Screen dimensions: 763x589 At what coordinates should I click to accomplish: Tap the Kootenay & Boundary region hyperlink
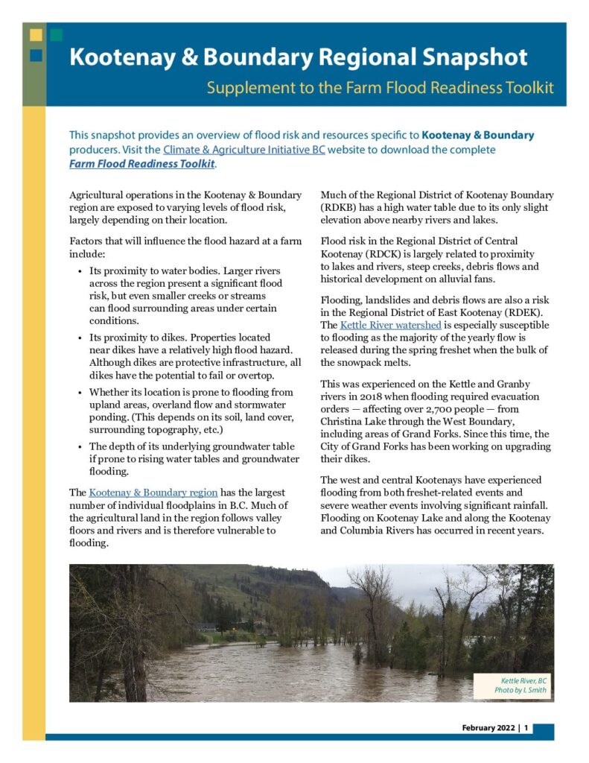tap(153, 493)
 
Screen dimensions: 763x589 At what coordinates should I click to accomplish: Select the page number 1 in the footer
tap(526, 728)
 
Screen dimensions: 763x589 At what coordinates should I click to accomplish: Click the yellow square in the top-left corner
tap(36, 34)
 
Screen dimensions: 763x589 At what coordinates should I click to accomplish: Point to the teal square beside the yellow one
tap(57, 34)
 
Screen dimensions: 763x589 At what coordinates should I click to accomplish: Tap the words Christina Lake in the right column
tap(355, 422)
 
